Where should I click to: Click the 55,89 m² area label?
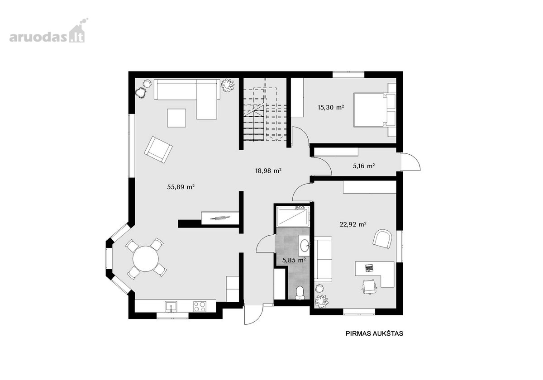181,187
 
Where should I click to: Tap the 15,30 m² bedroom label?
331,107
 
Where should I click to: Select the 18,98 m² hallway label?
268,171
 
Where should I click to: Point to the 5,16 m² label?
364,166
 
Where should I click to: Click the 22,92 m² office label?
352,224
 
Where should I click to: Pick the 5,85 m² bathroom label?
294,261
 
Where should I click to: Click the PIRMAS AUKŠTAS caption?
374,333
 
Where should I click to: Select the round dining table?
145,259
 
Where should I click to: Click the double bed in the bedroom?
375,109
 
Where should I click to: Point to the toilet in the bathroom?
300,293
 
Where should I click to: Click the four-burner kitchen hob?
200,306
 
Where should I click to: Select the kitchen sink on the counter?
171,307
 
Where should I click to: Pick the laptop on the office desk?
369,268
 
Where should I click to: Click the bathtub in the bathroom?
293,216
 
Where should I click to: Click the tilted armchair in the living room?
158,150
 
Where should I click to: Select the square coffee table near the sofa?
176,118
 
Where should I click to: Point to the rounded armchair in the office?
382,239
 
